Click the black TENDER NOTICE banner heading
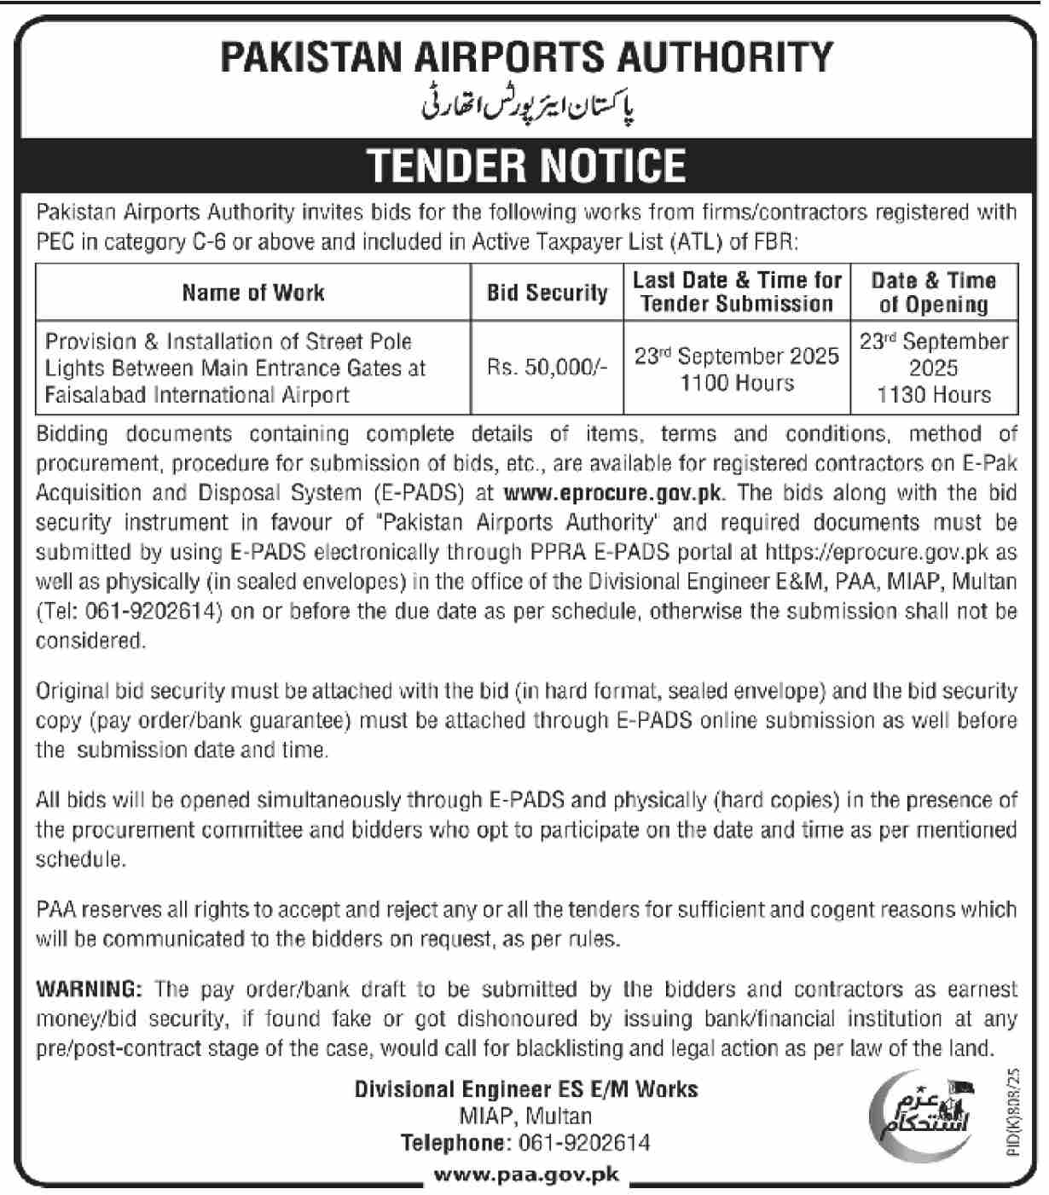pyautogui.click(x=526, y=165)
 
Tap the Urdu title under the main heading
pyautogui.click(x=529, y=107)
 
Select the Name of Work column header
pyautogui.click(x=252, y=293)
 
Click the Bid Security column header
pyautogui.click(x=547, y=293)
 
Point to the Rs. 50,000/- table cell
pyautogui.click(x=547, y=368)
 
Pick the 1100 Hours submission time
pyautogui.click(x=736, y=383)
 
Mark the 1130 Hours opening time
pyautogui.click(x=934, y=395)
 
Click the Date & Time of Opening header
pyautogui.click(x=934, y=292)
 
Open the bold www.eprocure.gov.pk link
pyautogui.click(x=613, y=493)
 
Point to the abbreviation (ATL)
pyautogui.click(x=697, y=242)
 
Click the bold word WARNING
pyautogui.click(x=89, y=989)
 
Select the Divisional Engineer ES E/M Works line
pyautogui.click(x=526, y=1089)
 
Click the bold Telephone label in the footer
pyautogui.click(x=454, y=1143)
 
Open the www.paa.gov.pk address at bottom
pyautogui.click(x=526, y=1175)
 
